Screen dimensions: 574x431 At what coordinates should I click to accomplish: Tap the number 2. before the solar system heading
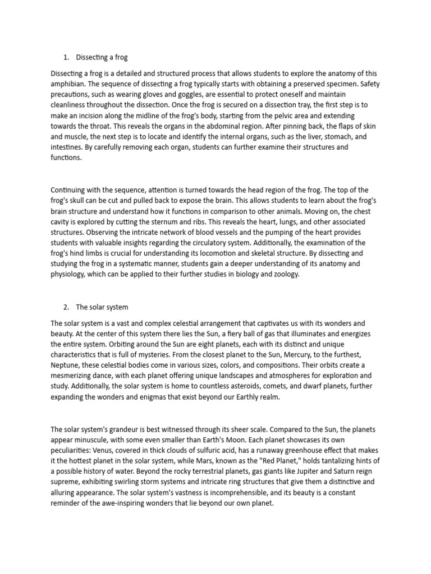[66, 307]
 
